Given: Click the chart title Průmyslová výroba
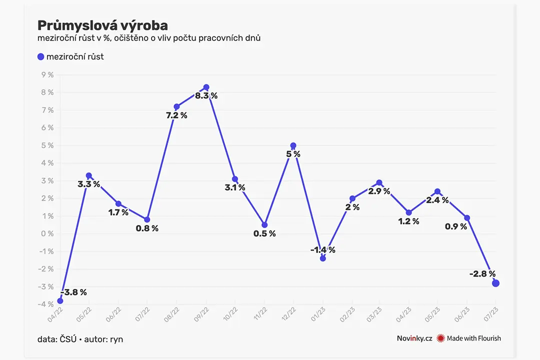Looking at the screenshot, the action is [x=102, y=25].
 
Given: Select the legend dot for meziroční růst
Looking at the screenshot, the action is [x=40, y=57].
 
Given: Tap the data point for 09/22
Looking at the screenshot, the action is [x=206, y=87].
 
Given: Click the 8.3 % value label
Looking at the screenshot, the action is [x=206, y=96].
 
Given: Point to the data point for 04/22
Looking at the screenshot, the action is [x=60, y=300].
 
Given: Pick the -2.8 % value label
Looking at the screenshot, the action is [x=482, y=274].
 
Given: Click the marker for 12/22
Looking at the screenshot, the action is [x=293, y=145].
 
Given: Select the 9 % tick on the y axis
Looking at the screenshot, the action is [x=47, y=75].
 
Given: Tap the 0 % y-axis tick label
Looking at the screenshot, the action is [x=47, y=234].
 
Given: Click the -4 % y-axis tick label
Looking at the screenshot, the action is [x=46, y=304].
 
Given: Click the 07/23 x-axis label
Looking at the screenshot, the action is [x=491, y=314].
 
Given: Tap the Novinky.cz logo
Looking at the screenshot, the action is [x=414, y=338].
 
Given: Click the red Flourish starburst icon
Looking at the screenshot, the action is [x=440, y=338].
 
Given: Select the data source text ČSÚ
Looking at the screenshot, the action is [x=68, y=339].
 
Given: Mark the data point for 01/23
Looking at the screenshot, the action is [x=322, y=258].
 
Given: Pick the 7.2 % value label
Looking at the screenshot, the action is [x=176, y=116].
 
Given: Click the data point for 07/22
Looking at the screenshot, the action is [x=147, y=219].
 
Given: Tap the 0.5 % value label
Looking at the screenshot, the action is [x=264, y=234].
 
